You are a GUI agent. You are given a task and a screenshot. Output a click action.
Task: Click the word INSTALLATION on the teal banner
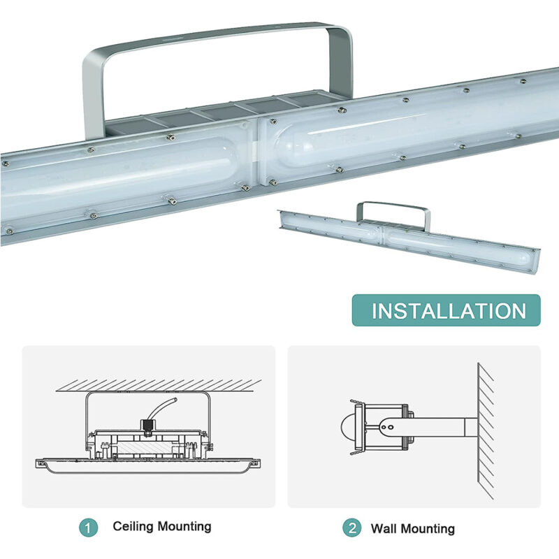(x=448, y=310)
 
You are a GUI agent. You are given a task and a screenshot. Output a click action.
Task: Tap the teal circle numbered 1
(x=88, y=528)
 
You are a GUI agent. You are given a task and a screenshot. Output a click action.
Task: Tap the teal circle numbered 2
(x=351, y=528)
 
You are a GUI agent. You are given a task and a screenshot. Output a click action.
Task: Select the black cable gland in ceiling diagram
(x=148, y=423)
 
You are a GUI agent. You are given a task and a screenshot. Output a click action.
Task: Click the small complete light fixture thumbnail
(x=409, y=238)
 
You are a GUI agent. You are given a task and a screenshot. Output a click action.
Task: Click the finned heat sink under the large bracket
(x=224, y=112)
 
